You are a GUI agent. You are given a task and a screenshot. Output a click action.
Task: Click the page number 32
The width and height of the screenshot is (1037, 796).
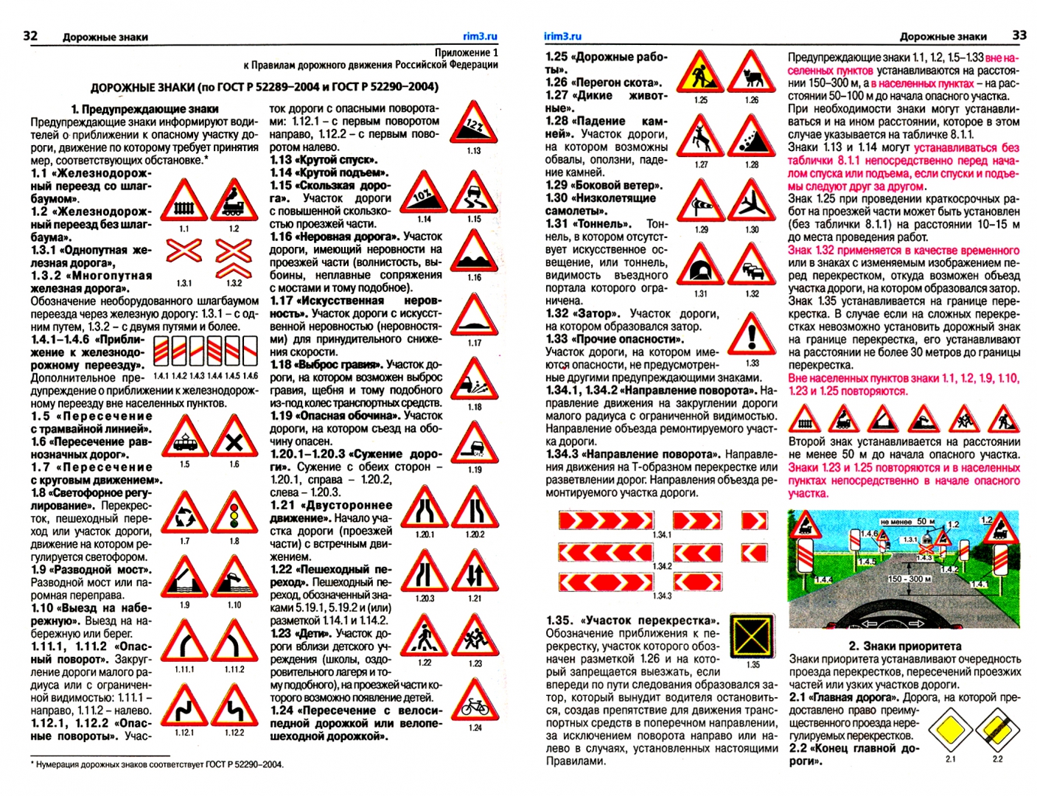(30, 35)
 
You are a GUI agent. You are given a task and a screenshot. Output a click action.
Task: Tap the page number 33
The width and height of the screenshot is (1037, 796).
(1019, 35)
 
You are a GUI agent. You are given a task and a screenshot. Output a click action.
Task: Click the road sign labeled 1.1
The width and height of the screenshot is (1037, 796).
(184, 201)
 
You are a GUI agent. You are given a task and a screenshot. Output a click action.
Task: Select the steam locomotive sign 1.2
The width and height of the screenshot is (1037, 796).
(234, 201)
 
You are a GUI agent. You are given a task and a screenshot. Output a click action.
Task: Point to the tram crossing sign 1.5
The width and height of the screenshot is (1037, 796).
(184, 438)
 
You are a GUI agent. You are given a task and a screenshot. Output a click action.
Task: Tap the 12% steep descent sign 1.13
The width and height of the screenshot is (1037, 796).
(473, 125)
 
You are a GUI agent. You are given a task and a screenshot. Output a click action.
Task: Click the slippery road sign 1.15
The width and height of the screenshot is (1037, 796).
(473, 194)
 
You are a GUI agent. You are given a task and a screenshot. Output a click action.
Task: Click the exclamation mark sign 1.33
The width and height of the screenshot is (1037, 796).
(751, 335)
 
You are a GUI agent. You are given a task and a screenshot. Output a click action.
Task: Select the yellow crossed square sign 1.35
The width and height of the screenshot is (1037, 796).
(753, 636)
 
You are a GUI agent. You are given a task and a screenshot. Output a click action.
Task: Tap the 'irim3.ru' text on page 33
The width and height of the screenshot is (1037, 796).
(562, 36)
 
